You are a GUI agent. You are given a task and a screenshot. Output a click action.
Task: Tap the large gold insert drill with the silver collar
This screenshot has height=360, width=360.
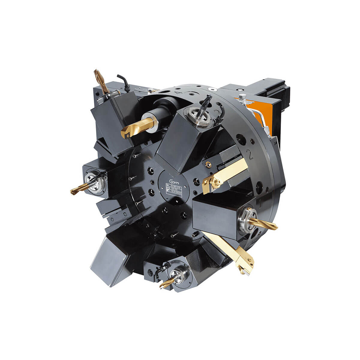(135, 127)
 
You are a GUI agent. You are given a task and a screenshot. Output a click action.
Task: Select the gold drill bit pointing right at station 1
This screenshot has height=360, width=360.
(264, 224)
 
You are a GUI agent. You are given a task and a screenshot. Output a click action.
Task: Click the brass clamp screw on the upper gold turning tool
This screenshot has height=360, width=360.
(215, 181)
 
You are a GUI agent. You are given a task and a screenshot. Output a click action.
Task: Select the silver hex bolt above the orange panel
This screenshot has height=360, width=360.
(242, 97)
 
